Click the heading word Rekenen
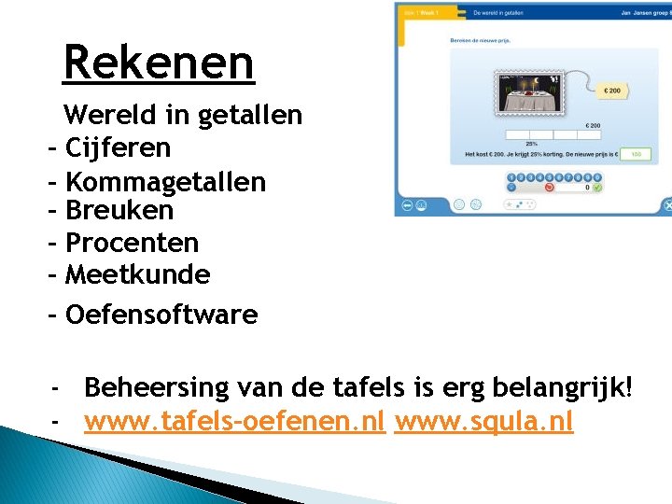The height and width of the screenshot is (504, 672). pyautogui.click(x=159, y=63)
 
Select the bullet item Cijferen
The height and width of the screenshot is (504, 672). pyautogui.click(x=119, y=148)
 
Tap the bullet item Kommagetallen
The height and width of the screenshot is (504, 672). pyautogui.click(x=166, y=181)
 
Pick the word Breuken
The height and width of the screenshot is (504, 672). pyautogui.click(x=119, y=211)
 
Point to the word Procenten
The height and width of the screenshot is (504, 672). pyautogui.click(x=133, y=244)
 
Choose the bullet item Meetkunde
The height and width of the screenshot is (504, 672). pyautogui.click(x=138, y=275)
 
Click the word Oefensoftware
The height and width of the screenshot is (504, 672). pyautogui.click(x=161, y=315)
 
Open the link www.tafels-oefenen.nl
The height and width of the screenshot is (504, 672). pyautogui.click(x=234, y=423)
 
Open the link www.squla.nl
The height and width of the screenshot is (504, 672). pyautogui.click(x=483, y=423)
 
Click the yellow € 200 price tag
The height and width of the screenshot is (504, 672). pyautogui.click(x=612, y=91)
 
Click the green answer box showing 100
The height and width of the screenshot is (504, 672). pyautogui.click(x=636, y=154)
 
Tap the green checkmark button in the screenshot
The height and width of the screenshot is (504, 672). pyautogui.click(x=597, y=188)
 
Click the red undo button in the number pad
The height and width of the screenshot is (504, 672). pyautogui.click(x=549, y=188)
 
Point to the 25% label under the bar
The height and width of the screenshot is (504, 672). pyautogui.click(x=531, y=144)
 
